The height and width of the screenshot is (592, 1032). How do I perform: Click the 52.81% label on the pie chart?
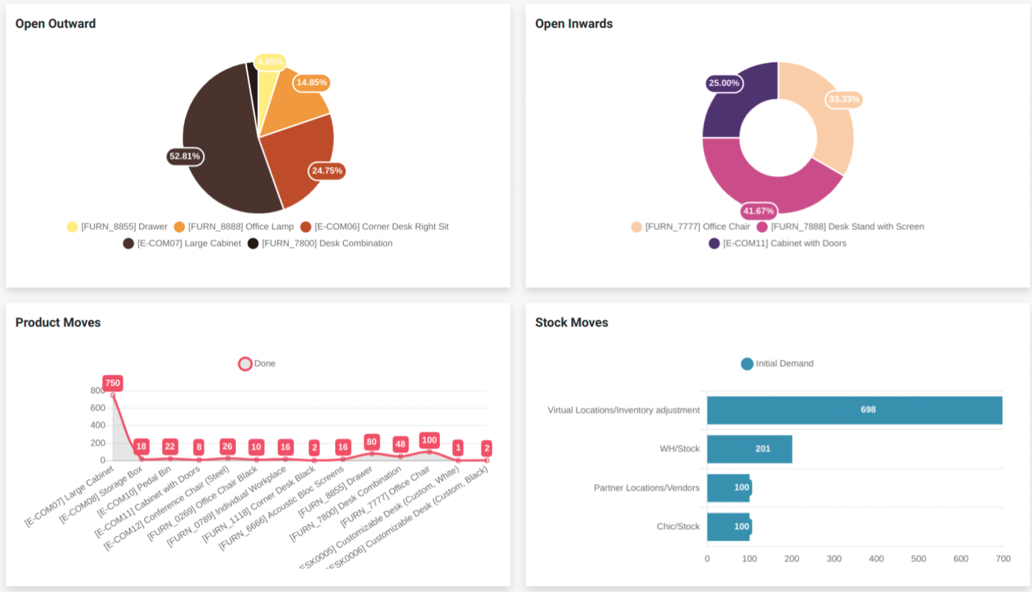pyautogui.click(x=185, y=157)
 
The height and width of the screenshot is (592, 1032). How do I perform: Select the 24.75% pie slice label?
pyautogui.click(x=327, y=171)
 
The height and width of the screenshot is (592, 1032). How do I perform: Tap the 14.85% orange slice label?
pyautogui.click(x=312, y=83)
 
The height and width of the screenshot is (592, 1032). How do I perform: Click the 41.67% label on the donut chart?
pyautogui.click(x=759, y=211)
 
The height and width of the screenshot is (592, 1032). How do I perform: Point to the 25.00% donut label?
pyautogui.click(x=724, y=83)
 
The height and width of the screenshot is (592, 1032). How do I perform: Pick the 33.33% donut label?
pyautogui.click(x=844, y=99)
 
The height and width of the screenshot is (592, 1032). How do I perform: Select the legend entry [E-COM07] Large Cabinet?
pyautogui.click(x=182, y=243)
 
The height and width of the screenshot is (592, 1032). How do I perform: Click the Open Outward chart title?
pyautogui.click(x=56, y=24)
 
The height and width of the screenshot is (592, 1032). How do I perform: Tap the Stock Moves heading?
pyautogui.click(x=571, y=323)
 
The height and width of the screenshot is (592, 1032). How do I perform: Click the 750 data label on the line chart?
pyautogui.click(x=112, y=383)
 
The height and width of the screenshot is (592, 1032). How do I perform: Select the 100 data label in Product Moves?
pyautogui.click(x=429, y=440)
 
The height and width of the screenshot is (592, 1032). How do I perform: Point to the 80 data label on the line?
pyautogui.click(x=372, y=441)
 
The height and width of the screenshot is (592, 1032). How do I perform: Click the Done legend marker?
pyautogui.click(x=245, y=364)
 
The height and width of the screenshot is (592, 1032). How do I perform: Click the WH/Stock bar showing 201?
pyautogui.click(x=749, y=449)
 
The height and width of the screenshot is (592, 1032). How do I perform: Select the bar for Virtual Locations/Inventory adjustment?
pyautogui.click(x=854, y=410)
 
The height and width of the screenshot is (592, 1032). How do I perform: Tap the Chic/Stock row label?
pyautogui.click(x=678, y=526)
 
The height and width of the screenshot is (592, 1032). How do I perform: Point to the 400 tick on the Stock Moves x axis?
pyautogui.click(x=876, y=558)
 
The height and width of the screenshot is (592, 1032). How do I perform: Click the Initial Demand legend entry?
pyautogui.click(x=777, y=364)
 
